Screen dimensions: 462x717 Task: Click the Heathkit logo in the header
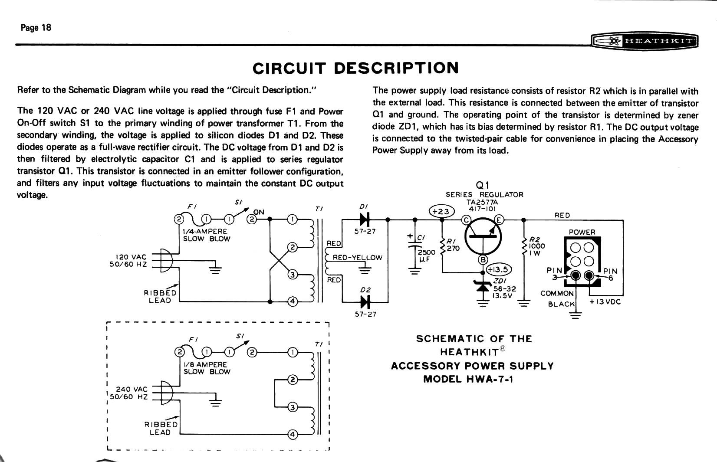pyautogui.click(x=645, y=41)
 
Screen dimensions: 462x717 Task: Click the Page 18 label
pyautogui.click(x=36, y=28)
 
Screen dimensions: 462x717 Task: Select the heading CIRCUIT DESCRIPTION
pyautogui.click(x=355, y=68)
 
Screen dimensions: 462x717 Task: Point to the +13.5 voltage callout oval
pyautogui.click(x=499, y=269)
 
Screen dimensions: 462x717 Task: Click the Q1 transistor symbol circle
pyautogui.click(x=483, y=237)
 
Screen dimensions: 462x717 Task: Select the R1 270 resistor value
pyautogui.click(x=453, y=249)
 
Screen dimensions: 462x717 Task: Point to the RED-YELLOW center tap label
pyautogui.click(x=357, y=258)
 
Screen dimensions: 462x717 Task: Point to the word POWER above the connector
pyautogui.click(x=582, y=232)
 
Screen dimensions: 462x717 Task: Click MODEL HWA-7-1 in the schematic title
pyautogui.click(x=468, y=379)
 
